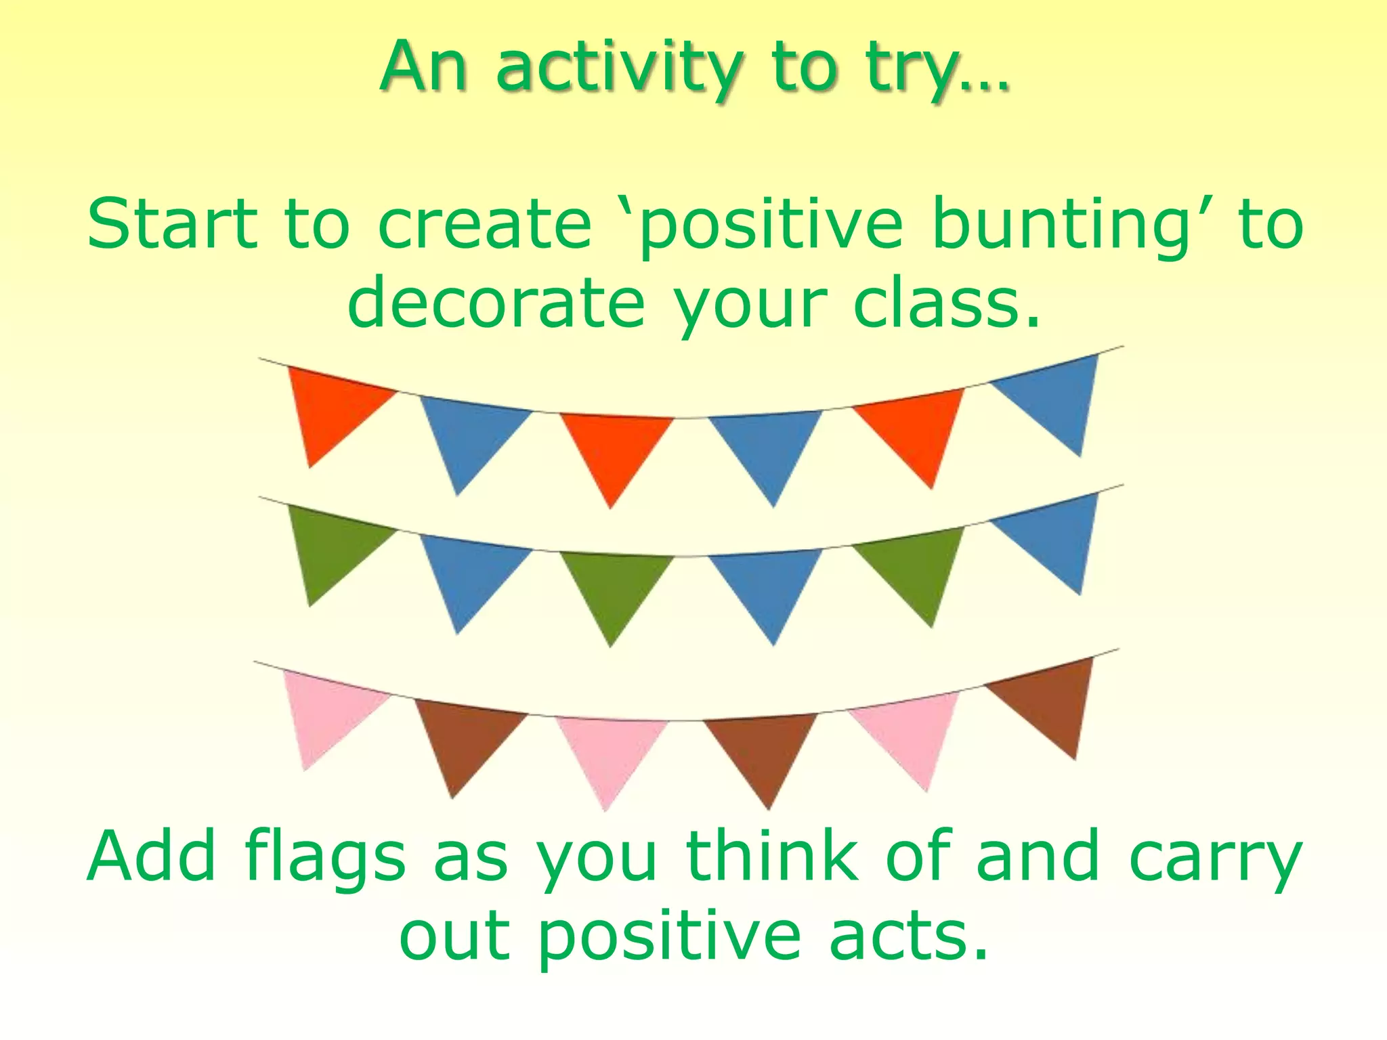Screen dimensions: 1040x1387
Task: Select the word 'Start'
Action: tap(173, 223)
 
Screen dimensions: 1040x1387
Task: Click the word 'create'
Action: tap(484, 223)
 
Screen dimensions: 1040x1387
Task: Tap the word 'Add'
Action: tap(152, 857)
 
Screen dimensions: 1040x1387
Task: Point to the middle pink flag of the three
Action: tap(610, 748)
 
